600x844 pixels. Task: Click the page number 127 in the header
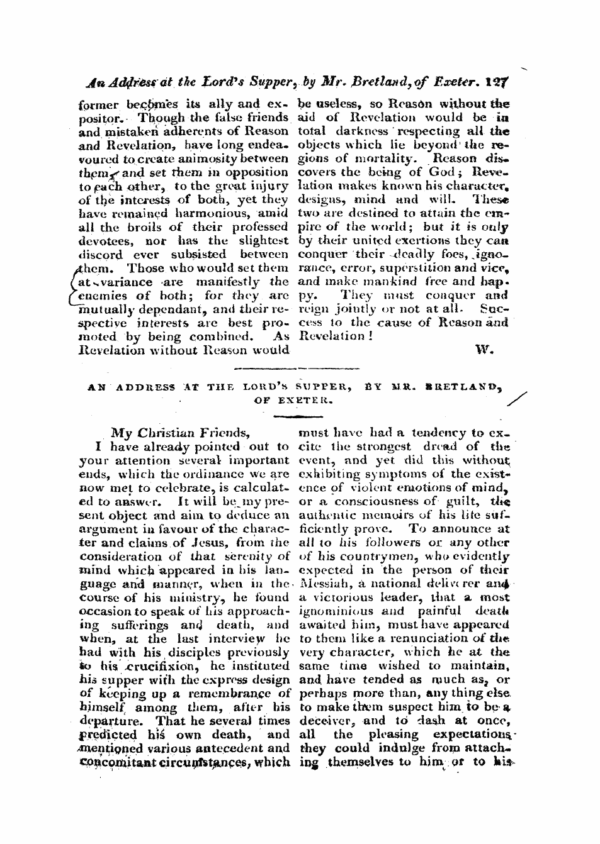click(501, 81)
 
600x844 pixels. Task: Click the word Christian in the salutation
click(166, 433)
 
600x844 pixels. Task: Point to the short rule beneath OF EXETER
click(297, 416)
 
